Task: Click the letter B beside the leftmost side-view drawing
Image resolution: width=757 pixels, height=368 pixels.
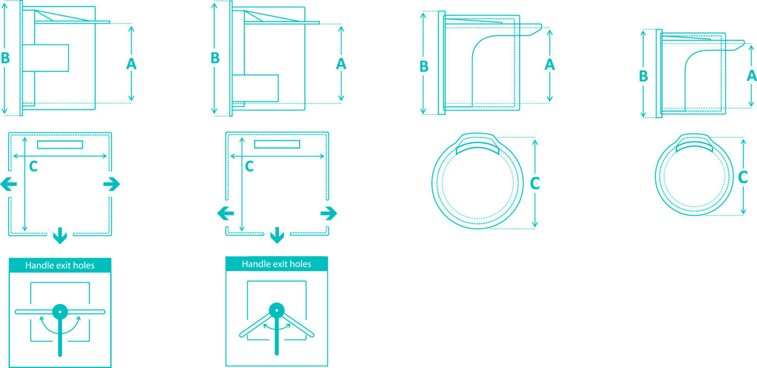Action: [x=5, y=58]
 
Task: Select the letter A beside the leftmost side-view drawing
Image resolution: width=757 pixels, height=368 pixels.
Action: [x=131, y=64]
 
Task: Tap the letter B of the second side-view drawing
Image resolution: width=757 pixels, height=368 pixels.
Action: [x=215, y=58]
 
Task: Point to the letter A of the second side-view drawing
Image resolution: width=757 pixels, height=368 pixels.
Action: [x=341, y=64]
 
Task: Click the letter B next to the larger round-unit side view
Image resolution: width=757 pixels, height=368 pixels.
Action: [x=424, y=66]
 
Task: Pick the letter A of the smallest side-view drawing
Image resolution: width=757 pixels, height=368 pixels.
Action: [x=752, y=75]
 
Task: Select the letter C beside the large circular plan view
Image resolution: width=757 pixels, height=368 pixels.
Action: [x=535, y=183]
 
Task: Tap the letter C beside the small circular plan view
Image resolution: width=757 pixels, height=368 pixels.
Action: [x=743, y=178]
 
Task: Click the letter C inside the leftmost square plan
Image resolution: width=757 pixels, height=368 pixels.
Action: [x=33, y=166]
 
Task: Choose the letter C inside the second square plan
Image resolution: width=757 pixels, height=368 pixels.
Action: [x=249, y=166]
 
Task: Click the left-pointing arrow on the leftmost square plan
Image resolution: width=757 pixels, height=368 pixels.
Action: [x=9, y=185]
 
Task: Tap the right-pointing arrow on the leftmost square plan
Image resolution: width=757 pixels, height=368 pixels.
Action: [x=111, y=185]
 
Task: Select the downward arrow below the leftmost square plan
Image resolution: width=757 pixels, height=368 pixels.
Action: [x=60, y=235]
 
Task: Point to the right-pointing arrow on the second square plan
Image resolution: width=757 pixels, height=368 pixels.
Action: [x=329, y=213]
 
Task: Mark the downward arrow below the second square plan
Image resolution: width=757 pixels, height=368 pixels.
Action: [x=277, y=235]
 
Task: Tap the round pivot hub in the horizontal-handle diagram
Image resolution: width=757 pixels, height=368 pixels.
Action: [x=60, y=312]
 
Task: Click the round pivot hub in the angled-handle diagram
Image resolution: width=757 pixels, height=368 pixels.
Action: [x=277, y=310]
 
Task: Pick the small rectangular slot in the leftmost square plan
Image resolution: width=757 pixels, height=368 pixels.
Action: [x=60, y=145]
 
